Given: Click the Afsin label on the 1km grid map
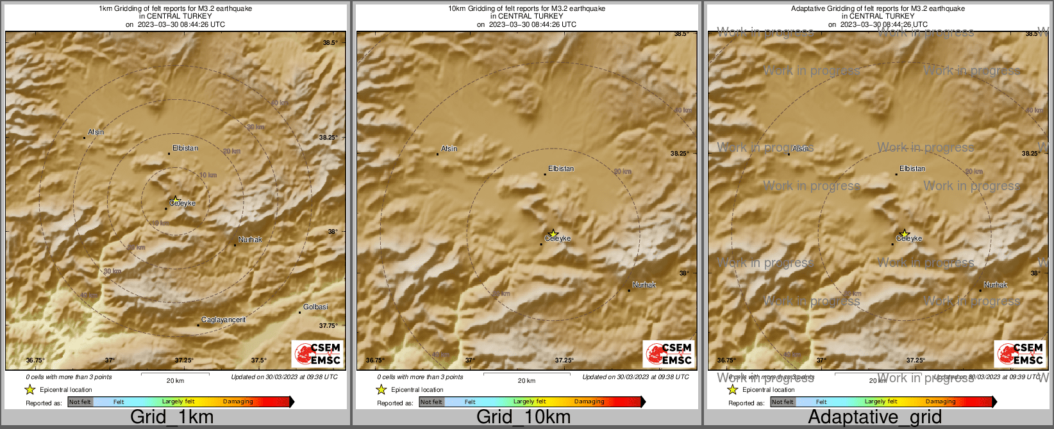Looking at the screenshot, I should click(x=96, y=132).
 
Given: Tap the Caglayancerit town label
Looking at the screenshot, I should click(x=223, y=320).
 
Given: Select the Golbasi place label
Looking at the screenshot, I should click(x=315, y=307).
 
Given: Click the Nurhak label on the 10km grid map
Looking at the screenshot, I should click(x=644, y=285).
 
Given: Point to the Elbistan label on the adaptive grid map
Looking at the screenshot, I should click(x=912, y=168).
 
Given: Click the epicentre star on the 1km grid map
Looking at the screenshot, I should click(x=175, y=200).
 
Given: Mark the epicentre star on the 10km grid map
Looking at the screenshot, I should click(x=553, y=234).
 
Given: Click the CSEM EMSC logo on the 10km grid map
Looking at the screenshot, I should click(x=669, y=354).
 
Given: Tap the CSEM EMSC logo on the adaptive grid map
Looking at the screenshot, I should click(x=1020, y=354).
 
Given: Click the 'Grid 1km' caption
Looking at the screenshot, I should click(x=172, y=417).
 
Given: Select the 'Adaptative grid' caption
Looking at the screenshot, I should click(x=874, y=417).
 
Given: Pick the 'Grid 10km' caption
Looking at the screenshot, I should click(x=523, y=417).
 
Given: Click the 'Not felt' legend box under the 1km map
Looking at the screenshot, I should click(x=80, y=402).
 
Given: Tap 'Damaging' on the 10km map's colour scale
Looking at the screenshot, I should click(x=589, y=402).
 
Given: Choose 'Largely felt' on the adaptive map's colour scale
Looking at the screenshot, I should click(x=881, y=402).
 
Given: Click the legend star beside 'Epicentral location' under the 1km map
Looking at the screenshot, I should click(x=29, y=389).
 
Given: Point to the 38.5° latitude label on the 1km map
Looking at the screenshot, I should click(x=330, y=43).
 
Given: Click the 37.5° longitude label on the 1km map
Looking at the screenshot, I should click(x=258, y=360).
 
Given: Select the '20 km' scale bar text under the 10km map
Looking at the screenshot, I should click(x=526, y=381).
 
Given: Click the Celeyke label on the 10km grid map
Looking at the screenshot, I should click(x=557, y=238).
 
